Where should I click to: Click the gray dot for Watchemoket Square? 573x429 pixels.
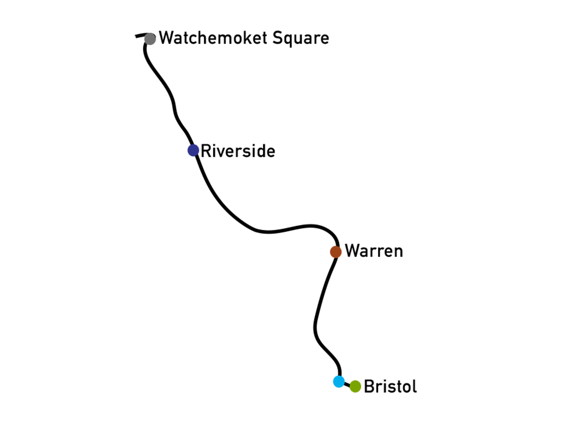150,39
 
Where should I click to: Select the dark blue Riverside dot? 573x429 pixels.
193,150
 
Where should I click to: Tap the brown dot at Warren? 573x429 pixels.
335,252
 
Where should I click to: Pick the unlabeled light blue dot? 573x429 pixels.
338,382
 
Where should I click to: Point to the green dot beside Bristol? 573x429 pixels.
355,386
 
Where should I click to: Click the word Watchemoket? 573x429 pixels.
213,38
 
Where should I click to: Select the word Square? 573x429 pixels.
301,38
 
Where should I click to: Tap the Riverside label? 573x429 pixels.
238,151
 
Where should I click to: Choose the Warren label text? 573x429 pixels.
374,251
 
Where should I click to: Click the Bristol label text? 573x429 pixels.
390,386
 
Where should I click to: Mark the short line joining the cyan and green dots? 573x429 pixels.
347,384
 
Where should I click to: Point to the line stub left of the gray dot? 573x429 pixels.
140,35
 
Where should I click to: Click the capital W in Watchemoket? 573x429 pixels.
166,38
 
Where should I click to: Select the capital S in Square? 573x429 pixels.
278,38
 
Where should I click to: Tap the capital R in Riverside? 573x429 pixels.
206,151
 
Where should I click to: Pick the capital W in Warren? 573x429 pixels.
352,251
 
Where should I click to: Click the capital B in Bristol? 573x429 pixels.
369,386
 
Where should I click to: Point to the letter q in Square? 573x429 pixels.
289,40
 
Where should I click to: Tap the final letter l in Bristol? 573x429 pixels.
415,386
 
